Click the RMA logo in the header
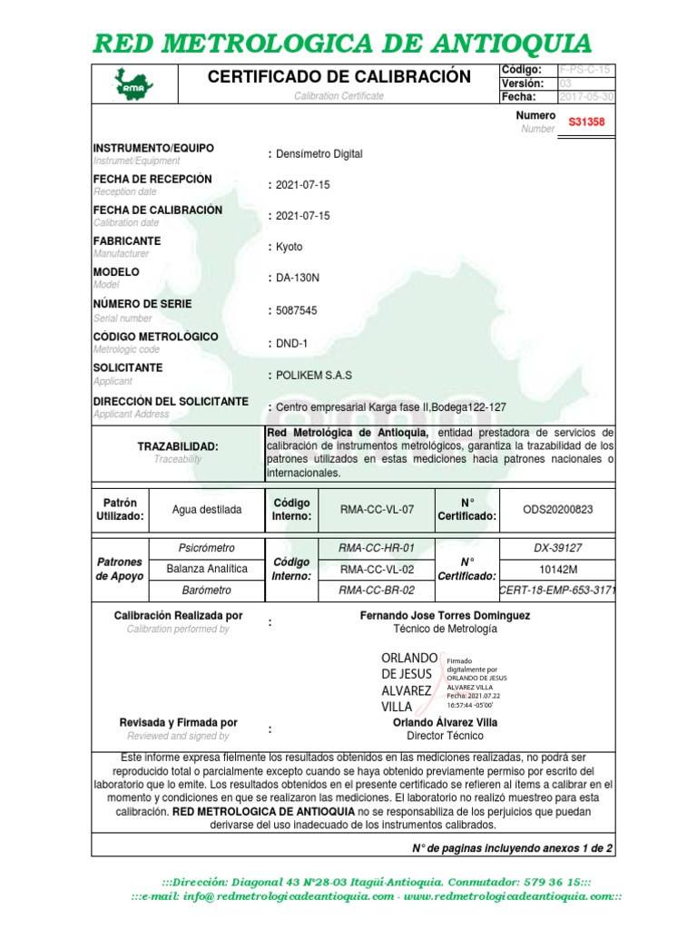click(x=133, y=83)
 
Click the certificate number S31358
click(x=586, y=122)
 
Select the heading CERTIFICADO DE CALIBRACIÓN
click(x=339, y=77)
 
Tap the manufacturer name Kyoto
click(x=289, y=247)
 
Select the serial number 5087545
click(x=296, y=310)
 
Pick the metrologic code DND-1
click(x=292, y=343)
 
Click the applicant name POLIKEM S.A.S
click(x=313, y=375)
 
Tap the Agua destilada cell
click(x=207, y=510)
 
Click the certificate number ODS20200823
click(x=557, y=510)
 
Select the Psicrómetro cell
click(x=207, y=548)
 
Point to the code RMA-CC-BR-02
click(x=376, y=591)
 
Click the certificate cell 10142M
click(x=557, y=569)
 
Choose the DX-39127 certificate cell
click(x=557, y=548)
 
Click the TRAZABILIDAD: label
click(x=178, y=446)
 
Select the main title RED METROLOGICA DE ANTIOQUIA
click(x=344, y=43)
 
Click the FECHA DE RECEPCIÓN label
click(x=152, y=179)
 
